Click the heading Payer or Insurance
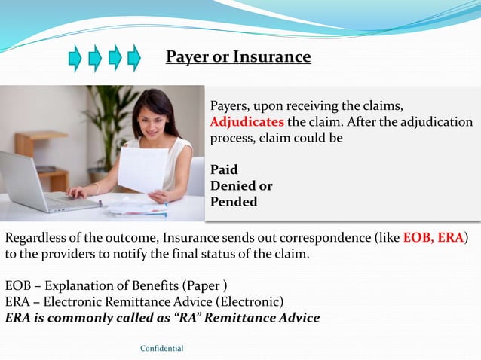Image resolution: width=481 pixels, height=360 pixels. (x=237, y=57)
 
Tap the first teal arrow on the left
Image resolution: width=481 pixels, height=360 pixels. (x=75, y=58)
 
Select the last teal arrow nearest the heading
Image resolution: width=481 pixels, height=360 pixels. (x=133, y=58)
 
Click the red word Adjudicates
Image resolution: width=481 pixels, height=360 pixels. (x=247, y=122)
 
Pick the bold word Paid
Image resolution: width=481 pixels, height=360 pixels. (x=224, y=169)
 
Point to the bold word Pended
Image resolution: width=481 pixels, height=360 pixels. (x=233, y=202)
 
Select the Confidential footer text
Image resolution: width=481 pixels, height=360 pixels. (x=162, y=348)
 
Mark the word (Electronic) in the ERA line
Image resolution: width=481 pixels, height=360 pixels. (x=250, y=301)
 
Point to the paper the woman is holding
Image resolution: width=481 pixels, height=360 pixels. (x=143, y=169)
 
